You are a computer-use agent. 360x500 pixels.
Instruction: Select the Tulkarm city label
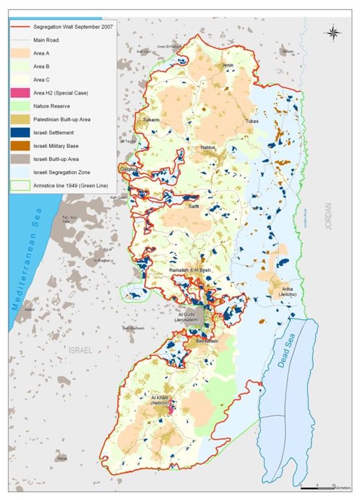(x=151, y=120)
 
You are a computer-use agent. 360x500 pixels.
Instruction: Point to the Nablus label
(x=208, y=148)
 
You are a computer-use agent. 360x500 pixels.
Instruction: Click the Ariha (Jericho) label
(x=290, y=291)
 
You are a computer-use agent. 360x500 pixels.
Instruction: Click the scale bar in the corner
(x=320, y=486)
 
